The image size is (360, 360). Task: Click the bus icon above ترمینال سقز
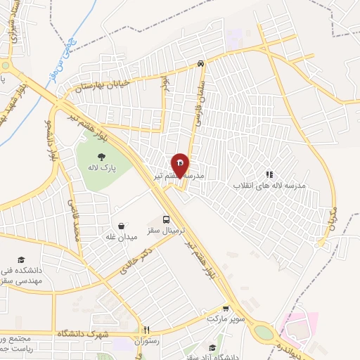pos(167,219)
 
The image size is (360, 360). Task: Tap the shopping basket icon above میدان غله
pos(122,226)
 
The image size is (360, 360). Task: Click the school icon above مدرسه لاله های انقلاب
pos(269,174)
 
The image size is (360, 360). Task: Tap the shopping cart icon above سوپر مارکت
pos(225,308)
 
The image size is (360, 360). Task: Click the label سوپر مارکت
pos(224,319)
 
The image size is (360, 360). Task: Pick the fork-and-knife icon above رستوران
pos(147,329)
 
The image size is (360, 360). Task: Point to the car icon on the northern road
pos(202,63)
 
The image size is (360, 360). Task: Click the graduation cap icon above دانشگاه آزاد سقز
pos(212,347)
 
